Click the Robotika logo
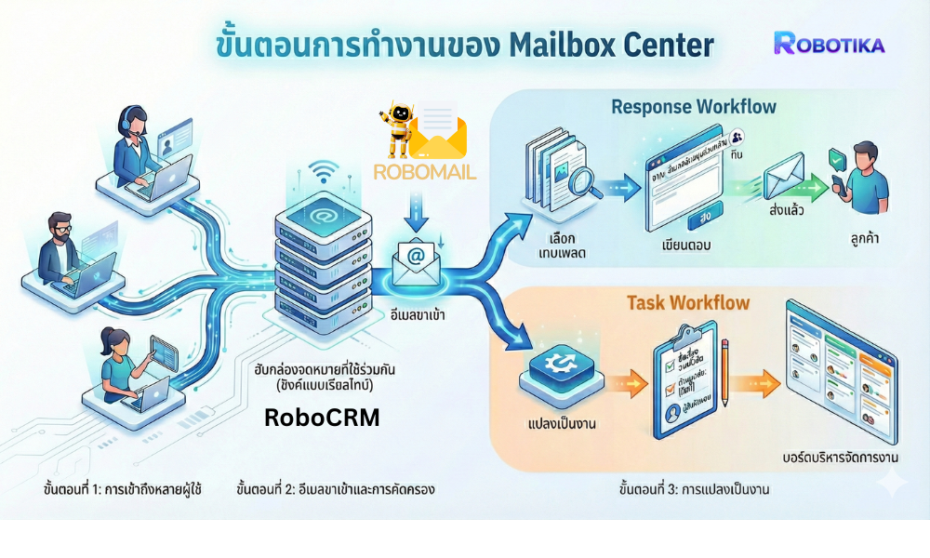[x=829, y=43]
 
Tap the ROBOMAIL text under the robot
[x=424, y=171]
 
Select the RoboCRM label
[x=322, y=418]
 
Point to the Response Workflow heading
[x=693, y=106]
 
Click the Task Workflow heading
[x=687, y=303]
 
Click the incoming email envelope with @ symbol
[x=416, y=261]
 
